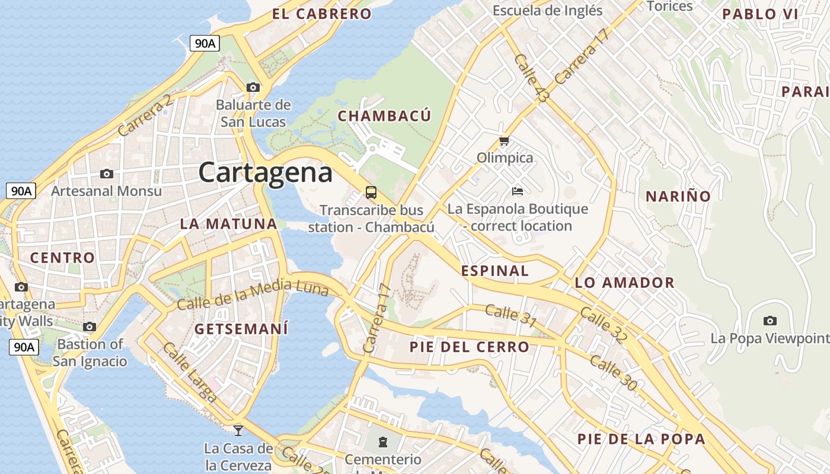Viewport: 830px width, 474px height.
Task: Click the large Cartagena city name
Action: click(265, 172)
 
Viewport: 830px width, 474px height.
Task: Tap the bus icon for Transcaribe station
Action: click(371, 192)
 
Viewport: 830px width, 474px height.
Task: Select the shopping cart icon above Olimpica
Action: click(504, 141)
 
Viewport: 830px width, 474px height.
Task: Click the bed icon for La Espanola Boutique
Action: click(518, 191)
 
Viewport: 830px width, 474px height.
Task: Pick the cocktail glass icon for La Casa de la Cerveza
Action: click(238, 430)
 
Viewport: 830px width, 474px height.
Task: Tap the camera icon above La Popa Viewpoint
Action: click(770, 321)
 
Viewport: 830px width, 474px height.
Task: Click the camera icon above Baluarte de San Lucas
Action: click(253, 87)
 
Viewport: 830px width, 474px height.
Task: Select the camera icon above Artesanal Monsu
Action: click(107, 174)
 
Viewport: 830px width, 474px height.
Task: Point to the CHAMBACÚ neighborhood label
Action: click(384, 116)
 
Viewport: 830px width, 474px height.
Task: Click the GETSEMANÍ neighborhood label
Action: click(241, 329)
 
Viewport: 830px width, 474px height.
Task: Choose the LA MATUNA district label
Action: click(229, 224)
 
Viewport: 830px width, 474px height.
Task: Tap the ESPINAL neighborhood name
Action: click(495, 271)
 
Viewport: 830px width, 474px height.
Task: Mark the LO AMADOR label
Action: click(624, 283)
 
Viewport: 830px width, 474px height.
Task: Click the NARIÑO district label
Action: click(678, 196)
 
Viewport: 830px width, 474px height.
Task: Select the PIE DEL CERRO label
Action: click(469, 347)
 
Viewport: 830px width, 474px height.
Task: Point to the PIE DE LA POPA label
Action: click(641, 439)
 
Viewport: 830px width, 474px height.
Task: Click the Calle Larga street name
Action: click(189, 372)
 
